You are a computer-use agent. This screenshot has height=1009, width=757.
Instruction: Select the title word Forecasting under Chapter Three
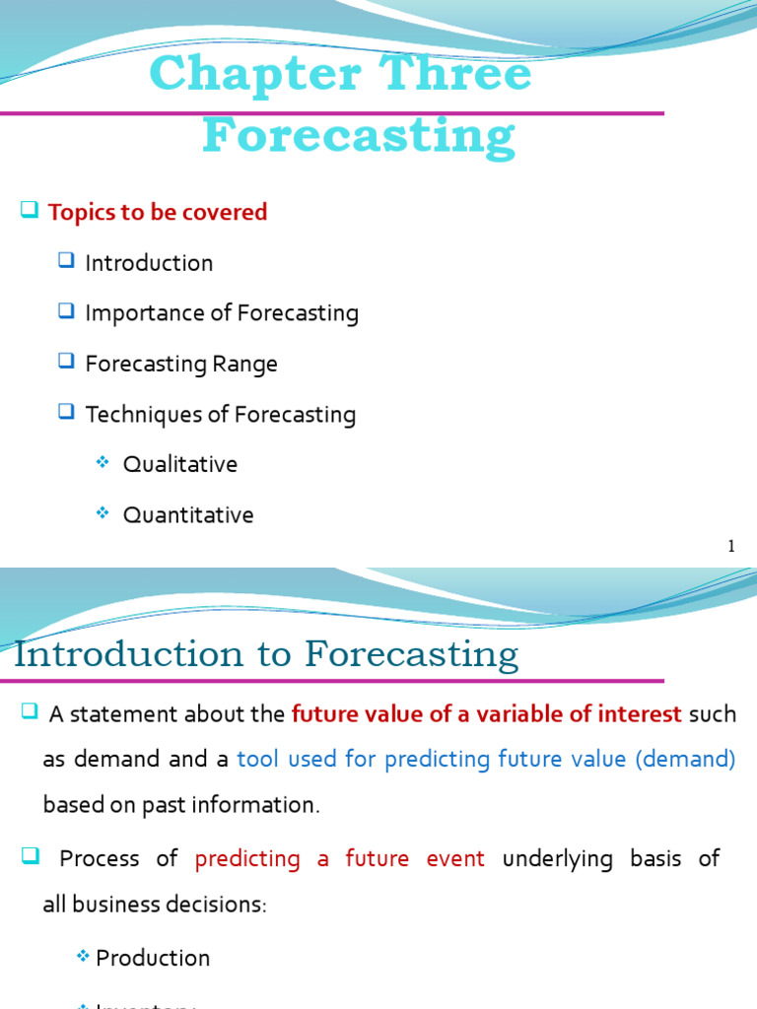click(x=359, y=136)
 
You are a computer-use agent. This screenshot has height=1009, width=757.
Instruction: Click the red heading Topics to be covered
click(x=158, y=212)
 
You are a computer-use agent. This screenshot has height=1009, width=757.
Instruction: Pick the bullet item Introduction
click(x=149, y=263)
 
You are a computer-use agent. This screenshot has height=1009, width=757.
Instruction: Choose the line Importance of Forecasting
click(x=222, y=313)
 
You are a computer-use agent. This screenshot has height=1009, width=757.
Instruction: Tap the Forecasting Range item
click(x=181, y=364)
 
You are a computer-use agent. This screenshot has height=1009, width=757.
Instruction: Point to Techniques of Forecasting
click(x=221, y=415)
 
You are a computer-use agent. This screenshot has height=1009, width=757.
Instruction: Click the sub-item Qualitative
click(x=180, y=464)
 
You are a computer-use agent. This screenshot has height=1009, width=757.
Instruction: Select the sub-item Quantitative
click(x=188, y=515)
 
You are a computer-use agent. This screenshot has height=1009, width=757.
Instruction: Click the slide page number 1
click(x=731, y=547)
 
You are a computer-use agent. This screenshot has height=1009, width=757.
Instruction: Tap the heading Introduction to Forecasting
click(x=266, y=655)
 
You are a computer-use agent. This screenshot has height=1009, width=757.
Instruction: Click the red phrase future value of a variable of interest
click(x=487, y=714)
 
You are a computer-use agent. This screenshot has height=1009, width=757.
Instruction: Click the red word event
click(x=455, y=858)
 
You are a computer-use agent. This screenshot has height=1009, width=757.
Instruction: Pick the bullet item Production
click(x=153, y=958)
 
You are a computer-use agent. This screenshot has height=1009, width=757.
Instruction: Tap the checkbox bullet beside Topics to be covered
click(x=29, y=210)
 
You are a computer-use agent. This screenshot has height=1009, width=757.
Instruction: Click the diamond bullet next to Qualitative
click(x=102, y=463)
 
